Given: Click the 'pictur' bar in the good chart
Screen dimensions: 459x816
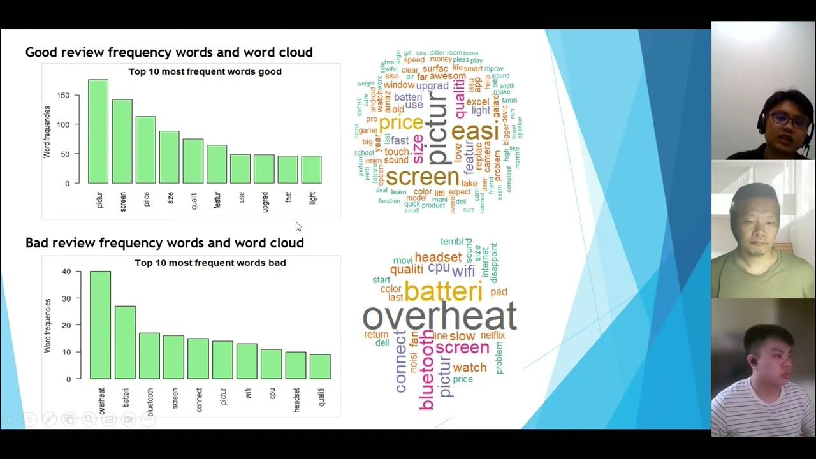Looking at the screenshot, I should pyautogui.click(x=98, y=131).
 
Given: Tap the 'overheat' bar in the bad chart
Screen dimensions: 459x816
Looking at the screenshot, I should pyautogui.click(x=100, y=325).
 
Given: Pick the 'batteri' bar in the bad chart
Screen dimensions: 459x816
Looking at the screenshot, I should pyautogui.click(x=125, y=342).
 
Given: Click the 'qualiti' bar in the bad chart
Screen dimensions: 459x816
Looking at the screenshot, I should pyautogui.click(x=320, y=367).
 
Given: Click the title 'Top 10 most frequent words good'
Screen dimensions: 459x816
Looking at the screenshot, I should pyautogui.click(x=205, y=71).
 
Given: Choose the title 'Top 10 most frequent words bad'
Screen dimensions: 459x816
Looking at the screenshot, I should pyautogui.click(x=210, y=263).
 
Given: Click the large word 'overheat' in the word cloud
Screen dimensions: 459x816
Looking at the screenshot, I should pyautogui.click(x=439, y=316).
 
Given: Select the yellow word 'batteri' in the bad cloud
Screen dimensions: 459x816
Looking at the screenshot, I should pyautogui.click(x=443, y=291).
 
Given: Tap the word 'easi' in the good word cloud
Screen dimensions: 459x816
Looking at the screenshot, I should pyautogui.click(x=474, y=131).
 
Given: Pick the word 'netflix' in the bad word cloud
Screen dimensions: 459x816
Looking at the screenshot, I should pyautogui.click(x=492, y=335).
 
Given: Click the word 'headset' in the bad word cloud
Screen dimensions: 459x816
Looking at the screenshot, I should pyautogui.click(x=438, y=257).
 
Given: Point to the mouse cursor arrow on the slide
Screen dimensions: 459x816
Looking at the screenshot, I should pyautogui.click(x=298, y=226).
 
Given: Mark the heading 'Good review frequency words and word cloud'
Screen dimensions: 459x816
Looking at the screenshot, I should pyautogui.click(x=169, y=52).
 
